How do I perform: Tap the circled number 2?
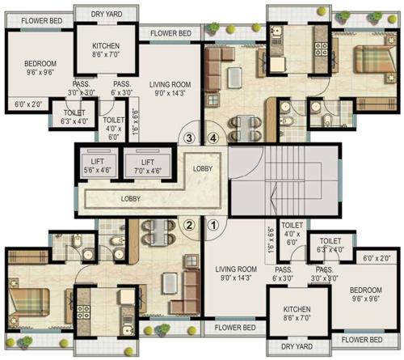[x=188, y=226]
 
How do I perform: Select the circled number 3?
[x=188, y=138]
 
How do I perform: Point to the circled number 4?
[x=213, y=138]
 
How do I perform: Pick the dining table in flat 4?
[x=237, y=127]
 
